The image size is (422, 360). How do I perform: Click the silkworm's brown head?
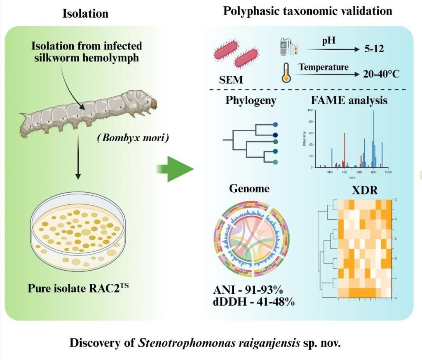click(153, 103)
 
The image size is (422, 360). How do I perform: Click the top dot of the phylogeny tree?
click(275, 124)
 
